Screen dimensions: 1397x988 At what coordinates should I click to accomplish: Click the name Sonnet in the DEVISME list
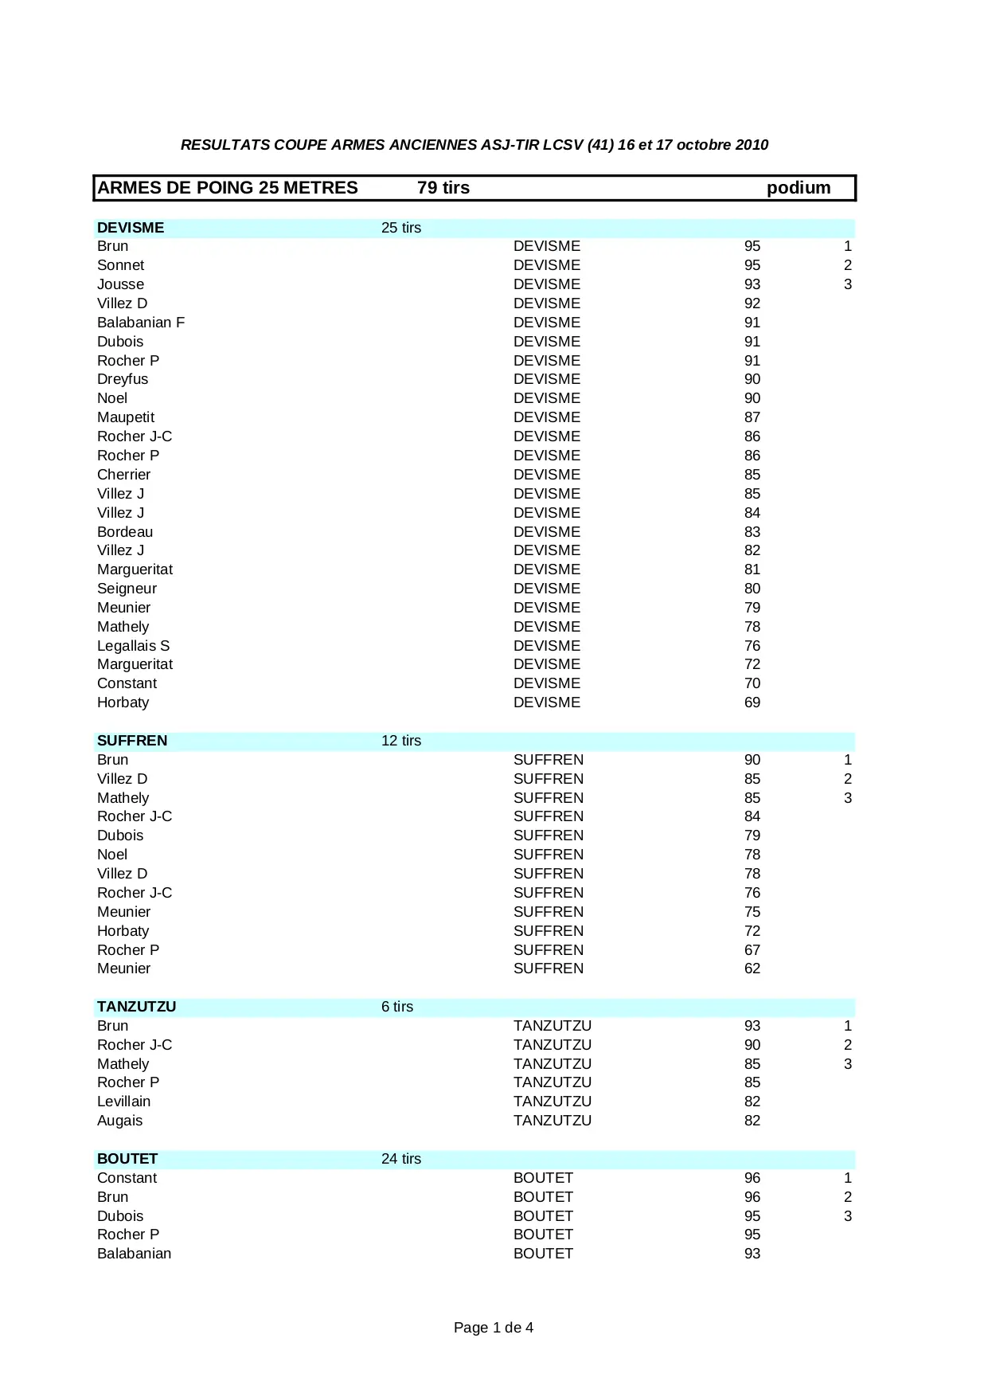(120, 265)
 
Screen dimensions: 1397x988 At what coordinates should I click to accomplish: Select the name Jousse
(120, 284)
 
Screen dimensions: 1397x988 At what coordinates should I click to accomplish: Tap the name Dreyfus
(123, 379)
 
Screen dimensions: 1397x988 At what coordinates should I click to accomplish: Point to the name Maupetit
(126, 417)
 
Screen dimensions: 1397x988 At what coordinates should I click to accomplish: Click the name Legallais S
(133, 646)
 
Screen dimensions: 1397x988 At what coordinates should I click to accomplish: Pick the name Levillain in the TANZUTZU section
(123, 1102)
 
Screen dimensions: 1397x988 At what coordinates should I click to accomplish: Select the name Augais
(119, 1121)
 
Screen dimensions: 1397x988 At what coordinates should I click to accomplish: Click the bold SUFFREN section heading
(132, 741)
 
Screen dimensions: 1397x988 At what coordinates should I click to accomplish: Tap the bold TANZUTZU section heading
(136, 1007)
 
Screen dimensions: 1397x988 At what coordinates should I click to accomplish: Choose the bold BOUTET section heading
(127, 1159)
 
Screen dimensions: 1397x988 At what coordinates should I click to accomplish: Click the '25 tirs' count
(400, 228)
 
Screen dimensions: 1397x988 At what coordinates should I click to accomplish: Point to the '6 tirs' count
(396, 1007)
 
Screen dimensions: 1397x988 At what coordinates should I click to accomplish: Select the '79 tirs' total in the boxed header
(443, 188)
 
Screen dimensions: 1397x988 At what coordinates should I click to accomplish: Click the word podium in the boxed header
(798, 188)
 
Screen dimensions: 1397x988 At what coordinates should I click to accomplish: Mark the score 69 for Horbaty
(752, 702)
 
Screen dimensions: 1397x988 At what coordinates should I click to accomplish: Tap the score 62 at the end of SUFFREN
(752, 969)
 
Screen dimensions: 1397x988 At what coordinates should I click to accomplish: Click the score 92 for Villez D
(752, 303)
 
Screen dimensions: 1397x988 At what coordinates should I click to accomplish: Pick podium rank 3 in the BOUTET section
(847, 1216)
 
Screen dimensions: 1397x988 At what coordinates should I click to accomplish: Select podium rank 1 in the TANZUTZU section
(847, 1026)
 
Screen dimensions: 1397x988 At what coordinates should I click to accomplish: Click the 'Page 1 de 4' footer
(493, 1328)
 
